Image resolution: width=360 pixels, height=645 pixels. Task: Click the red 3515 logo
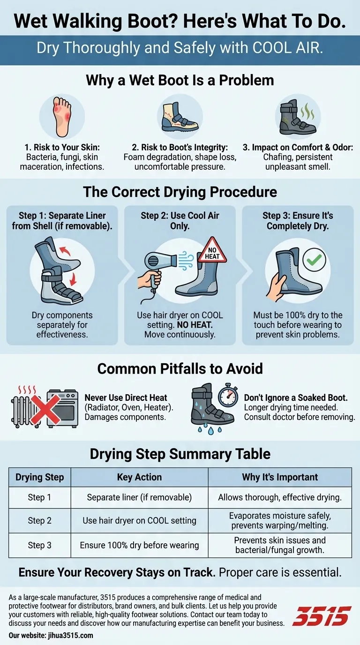(x=322, y=616)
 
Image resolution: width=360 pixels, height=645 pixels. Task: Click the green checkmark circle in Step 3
(x=314, y=260)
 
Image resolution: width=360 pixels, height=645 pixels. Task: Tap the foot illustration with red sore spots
(x=62, y=117)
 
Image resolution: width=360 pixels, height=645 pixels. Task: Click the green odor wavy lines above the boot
(x=307, y=112)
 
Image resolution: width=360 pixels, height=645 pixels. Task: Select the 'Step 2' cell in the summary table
(x=40, y=520)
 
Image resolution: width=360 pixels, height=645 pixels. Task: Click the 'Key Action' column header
(x=139, y=477)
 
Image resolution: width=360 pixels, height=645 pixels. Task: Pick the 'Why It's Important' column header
(x=280, y=477)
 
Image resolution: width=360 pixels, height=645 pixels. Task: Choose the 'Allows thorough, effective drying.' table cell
(x=280, y=497)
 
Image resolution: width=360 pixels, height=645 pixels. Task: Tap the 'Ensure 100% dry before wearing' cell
(x=139, y=545)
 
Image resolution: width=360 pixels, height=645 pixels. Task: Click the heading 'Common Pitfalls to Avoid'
(x=180, y=368)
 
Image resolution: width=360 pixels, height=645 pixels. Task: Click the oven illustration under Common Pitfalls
(x=62, y=408)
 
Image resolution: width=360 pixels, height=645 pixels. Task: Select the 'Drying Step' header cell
(x=40, y=477)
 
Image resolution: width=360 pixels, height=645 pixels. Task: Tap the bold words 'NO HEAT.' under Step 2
(x=195, y=325)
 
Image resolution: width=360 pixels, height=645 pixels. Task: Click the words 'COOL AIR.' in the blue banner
(x=288, y=48)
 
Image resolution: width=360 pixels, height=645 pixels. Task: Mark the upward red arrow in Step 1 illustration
(x=65, y=250)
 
